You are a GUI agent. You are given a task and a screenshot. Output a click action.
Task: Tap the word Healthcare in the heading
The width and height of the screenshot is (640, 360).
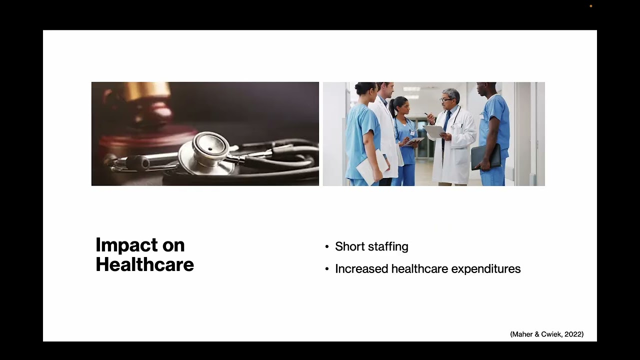[x=144, y=264]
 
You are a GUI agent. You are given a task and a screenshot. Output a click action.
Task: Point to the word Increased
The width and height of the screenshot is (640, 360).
[x=361, y=269]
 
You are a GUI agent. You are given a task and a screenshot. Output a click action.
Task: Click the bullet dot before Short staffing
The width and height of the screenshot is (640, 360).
[x=327, y=247]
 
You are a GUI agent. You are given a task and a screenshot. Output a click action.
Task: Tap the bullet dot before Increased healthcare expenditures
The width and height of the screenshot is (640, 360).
[x=327, y=269]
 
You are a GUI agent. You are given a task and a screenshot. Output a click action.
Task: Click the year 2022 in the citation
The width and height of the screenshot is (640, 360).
[x=572, y=334]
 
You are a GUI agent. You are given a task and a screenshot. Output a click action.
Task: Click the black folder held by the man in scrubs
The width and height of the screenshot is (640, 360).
[x=485, y=156]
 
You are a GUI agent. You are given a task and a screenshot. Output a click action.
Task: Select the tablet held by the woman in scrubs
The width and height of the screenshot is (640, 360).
[x=415, y=141]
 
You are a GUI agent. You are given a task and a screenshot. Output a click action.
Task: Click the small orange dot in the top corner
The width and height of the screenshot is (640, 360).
[x=591, y=6]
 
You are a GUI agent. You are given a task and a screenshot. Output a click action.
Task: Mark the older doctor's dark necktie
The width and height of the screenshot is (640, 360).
[x=444, y=125]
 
